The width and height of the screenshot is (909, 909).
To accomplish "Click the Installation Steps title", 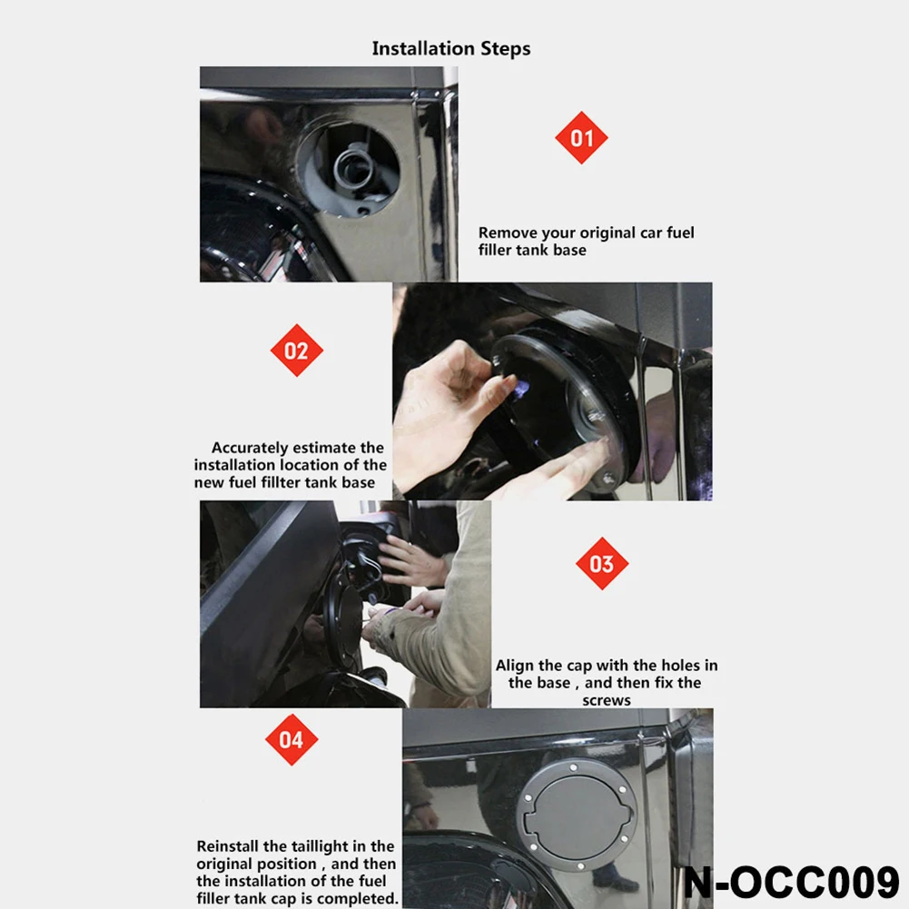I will point(450,48).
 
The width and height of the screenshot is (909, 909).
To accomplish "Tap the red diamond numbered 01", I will point(581,138).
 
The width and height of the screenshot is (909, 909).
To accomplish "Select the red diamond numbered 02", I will point(297,351).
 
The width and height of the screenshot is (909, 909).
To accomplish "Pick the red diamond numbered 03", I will point(601,564).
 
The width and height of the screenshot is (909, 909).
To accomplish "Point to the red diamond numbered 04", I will point(291,739).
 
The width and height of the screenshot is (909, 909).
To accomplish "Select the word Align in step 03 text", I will point(515,666).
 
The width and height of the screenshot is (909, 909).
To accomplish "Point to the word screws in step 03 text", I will point(606,700).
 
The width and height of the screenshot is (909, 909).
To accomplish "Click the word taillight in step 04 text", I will point(336,846).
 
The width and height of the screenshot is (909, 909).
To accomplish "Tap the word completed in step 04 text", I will point(358,899).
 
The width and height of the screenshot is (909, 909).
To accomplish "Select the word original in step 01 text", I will point(610,232).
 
